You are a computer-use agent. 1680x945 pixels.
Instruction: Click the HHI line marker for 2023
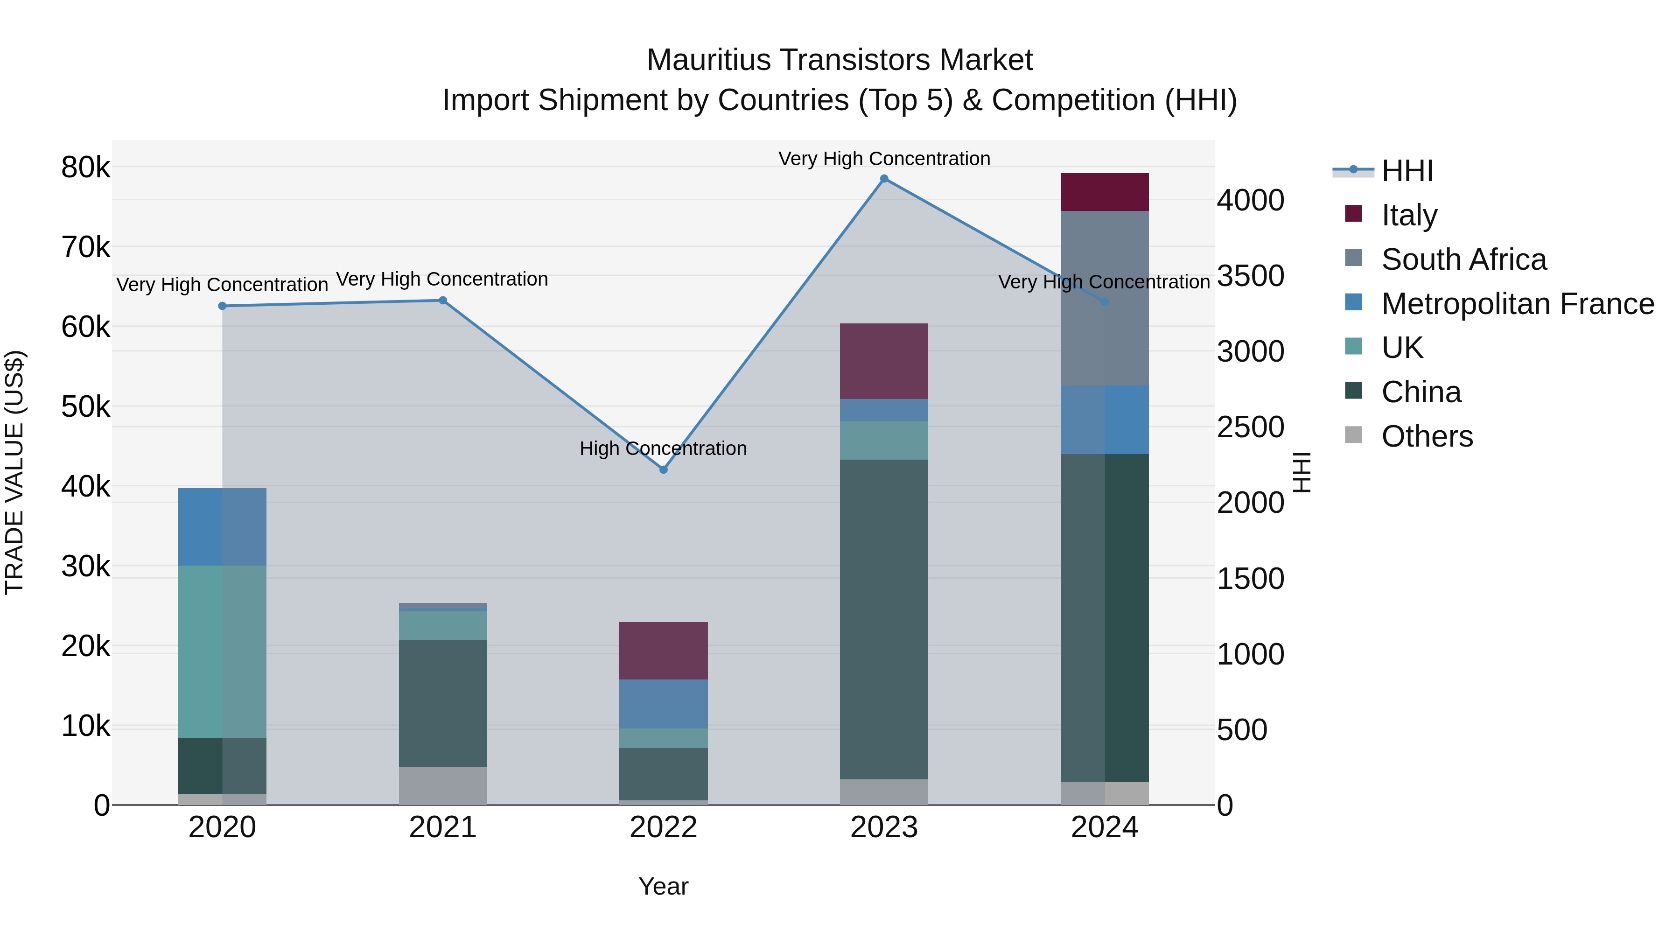[x=884, y=179]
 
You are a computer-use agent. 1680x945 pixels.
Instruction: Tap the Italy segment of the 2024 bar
[x=1104, y=192]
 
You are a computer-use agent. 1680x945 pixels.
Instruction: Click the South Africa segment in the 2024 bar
[x=1104, y=298]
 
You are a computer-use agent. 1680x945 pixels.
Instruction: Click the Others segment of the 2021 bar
[x=443, y=785]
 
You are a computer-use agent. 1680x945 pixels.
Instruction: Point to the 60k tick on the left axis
[x=85, y=328]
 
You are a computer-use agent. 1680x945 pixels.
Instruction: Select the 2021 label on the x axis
[x=443, y=827]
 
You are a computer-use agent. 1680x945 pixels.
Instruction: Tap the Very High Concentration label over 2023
[x=884, y=159]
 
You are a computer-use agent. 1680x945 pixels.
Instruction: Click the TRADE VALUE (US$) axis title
[x=15, y=472]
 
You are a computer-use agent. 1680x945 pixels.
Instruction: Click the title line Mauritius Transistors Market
[x=840, y=60]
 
